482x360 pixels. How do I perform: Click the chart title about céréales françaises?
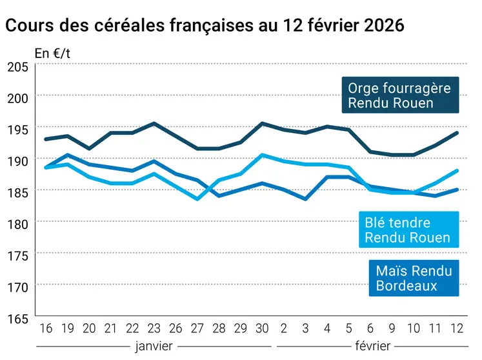coord(205,26)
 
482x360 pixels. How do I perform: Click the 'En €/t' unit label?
coord(52,54)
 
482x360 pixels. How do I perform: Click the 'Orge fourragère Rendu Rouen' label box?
coord(399,95)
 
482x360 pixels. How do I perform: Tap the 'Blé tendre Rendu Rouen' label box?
coord(408,230)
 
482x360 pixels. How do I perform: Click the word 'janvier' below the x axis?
coord(154,346)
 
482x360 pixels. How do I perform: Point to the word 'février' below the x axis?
coord(374,346)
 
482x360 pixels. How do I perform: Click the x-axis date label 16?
coord(45,328)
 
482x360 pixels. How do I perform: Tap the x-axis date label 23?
coord(154,328)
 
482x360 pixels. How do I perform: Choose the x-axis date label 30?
coord(262,328)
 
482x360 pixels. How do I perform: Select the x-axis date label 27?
coord(197,328)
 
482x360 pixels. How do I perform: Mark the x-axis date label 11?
coord(436,328)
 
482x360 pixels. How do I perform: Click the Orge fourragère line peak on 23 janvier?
coord(154,123)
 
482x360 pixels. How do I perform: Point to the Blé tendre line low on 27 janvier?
coord(197,199)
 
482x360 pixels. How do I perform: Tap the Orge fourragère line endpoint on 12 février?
coord(457,133)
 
